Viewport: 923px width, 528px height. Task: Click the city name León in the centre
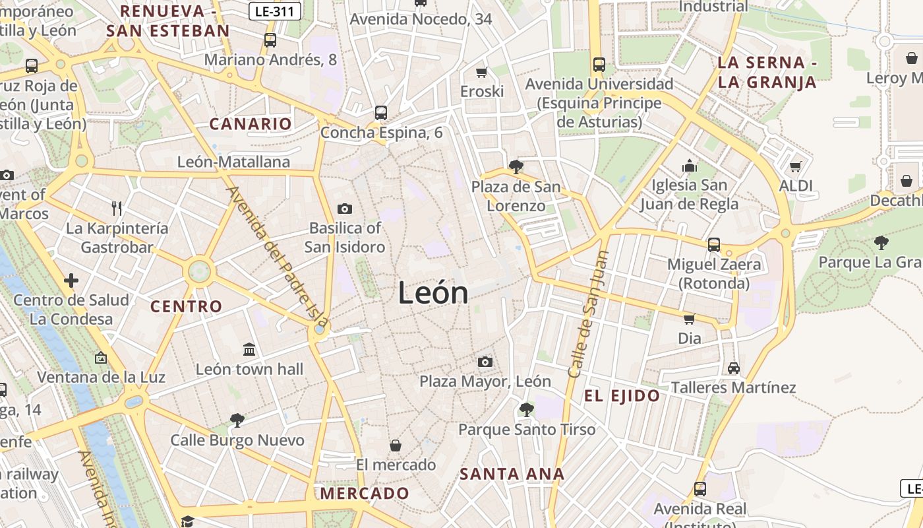(433, 293)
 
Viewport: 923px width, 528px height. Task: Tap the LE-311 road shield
(276, 11)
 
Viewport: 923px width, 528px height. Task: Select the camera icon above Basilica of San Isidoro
(344, 209)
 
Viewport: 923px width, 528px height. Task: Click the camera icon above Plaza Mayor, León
(485, 362)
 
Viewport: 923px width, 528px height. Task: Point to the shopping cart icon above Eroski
(482, 72)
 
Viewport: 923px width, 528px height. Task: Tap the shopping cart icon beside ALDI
(795, 167)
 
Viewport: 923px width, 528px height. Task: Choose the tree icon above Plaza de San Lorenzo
(516, 167)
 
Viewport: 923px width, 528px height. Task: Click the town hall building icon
(249, 349)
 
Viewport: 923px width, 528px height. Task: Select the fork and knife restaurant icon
(117, 209)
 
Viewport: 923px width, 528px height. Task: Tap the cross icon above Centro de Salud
(71, 280)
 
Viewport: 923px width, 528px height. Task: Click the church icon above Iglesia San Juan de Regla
(689, 165)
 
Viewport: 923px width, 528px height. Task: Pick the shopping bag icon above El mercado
(396, 445)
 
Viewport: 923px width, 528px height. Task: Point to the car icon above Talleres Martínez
(733, 368)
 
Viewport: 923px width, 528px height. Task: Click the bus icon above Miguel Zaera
(714, 245)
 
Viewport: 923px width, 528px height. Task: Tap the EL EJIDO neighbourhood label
(622, 396)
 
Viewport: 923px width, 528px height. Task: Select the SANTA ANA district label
(512, 474)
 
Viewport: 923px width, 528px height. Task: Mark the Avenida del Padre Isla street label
(277, 257)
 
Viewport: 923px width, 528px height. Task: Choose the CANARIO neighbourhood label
(251, 124)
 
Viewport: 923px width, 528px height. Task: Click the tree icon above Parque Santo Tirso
(526, 410)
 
